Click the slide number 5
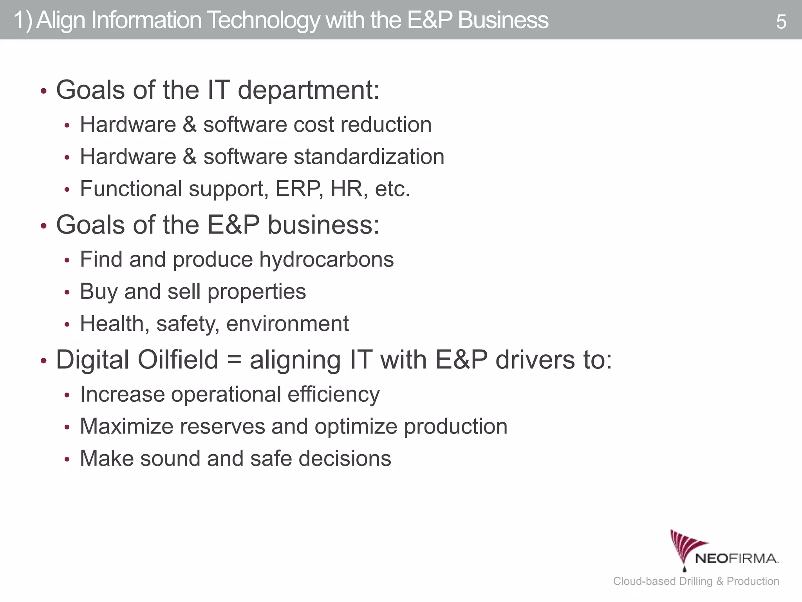point(781,22)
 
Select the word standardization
point(369,157)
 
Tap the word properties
point(256,292)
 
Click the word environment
point(287,324)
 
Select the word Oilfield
point(178,360)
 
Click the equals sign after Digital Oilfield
point(234,360)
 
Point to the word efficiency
point(333,395)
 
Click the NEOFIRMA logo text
point(736,558)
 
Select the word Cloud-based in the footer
point(645,581)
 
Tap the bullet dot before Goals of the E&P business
point(44,226)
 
